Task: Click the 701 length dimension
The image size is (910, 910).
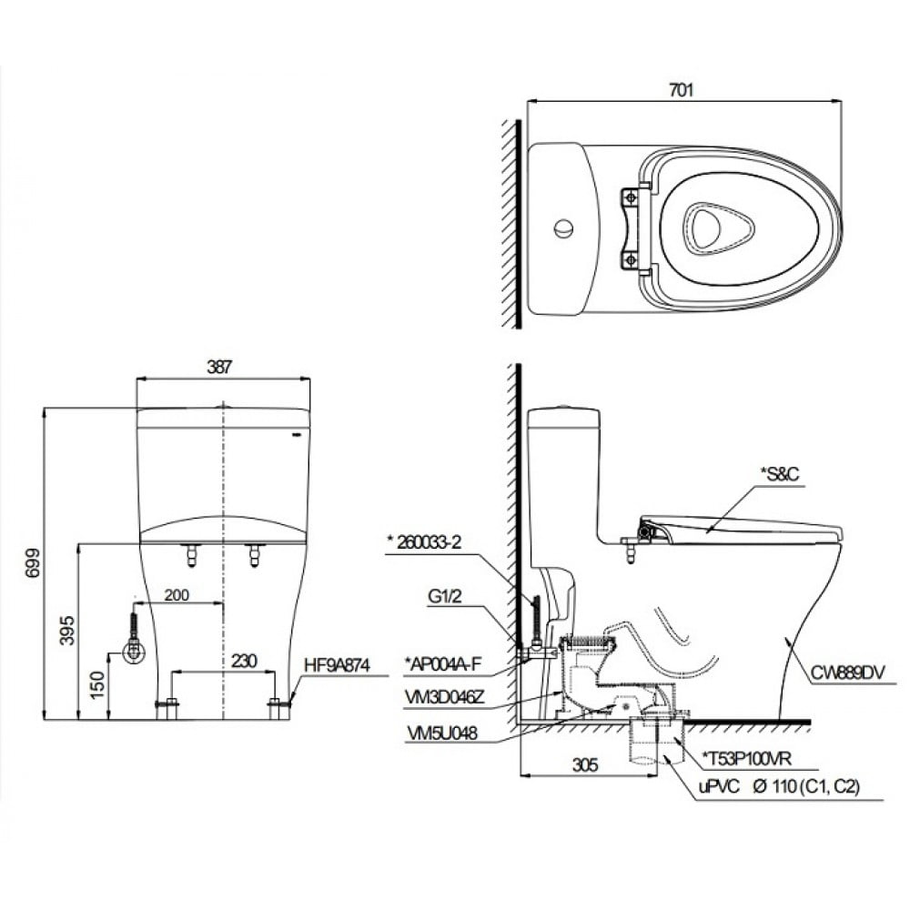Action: tap(681, 89)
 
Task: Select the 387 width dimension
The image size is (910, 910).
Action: tap(219, 367)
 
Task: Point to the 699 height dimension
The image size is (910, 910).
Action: tap(34, 566)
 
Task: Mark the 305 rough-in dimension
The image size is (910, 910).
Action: tap(586, 766)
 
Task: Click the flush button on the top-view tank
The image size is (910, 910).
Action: tap(563, 227)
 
